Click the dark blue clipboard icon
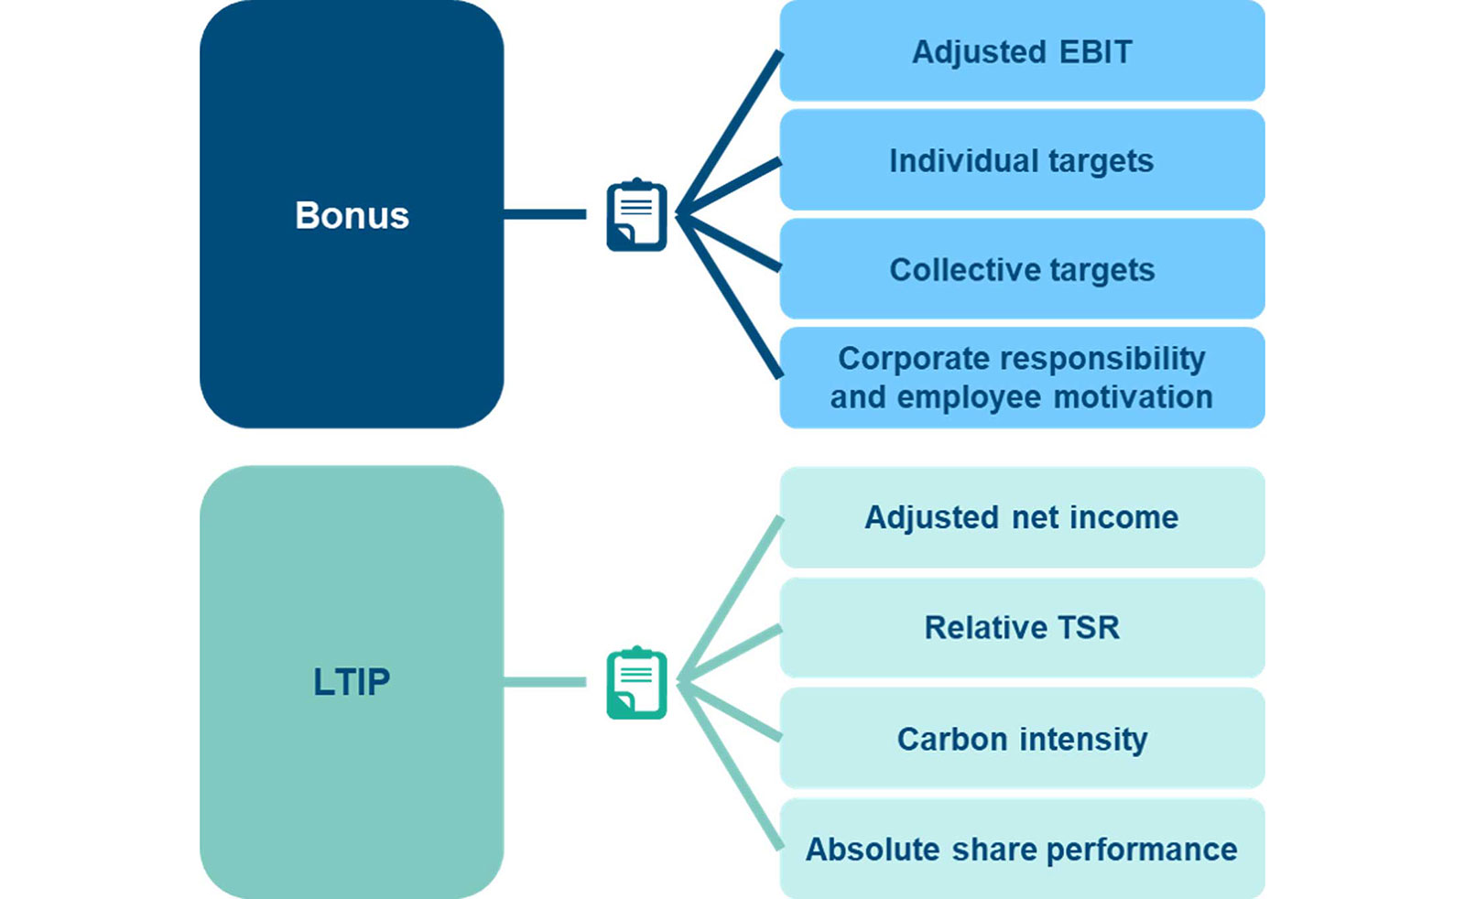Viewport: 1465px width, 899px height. click(x=636, y=216)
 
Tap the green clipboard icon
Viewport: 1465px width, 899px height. click(x=636, y=683)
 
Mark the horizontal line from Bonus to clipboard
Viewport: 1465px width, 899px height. click(x=545, y=214)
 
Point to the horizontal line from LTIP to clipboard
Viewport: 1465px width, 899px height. click(x=545, y=682)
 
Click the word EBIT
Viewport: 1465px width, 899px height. click(x=1095, y=52)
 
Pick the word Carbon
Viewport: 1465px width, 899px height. click(x=952, y=739)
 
